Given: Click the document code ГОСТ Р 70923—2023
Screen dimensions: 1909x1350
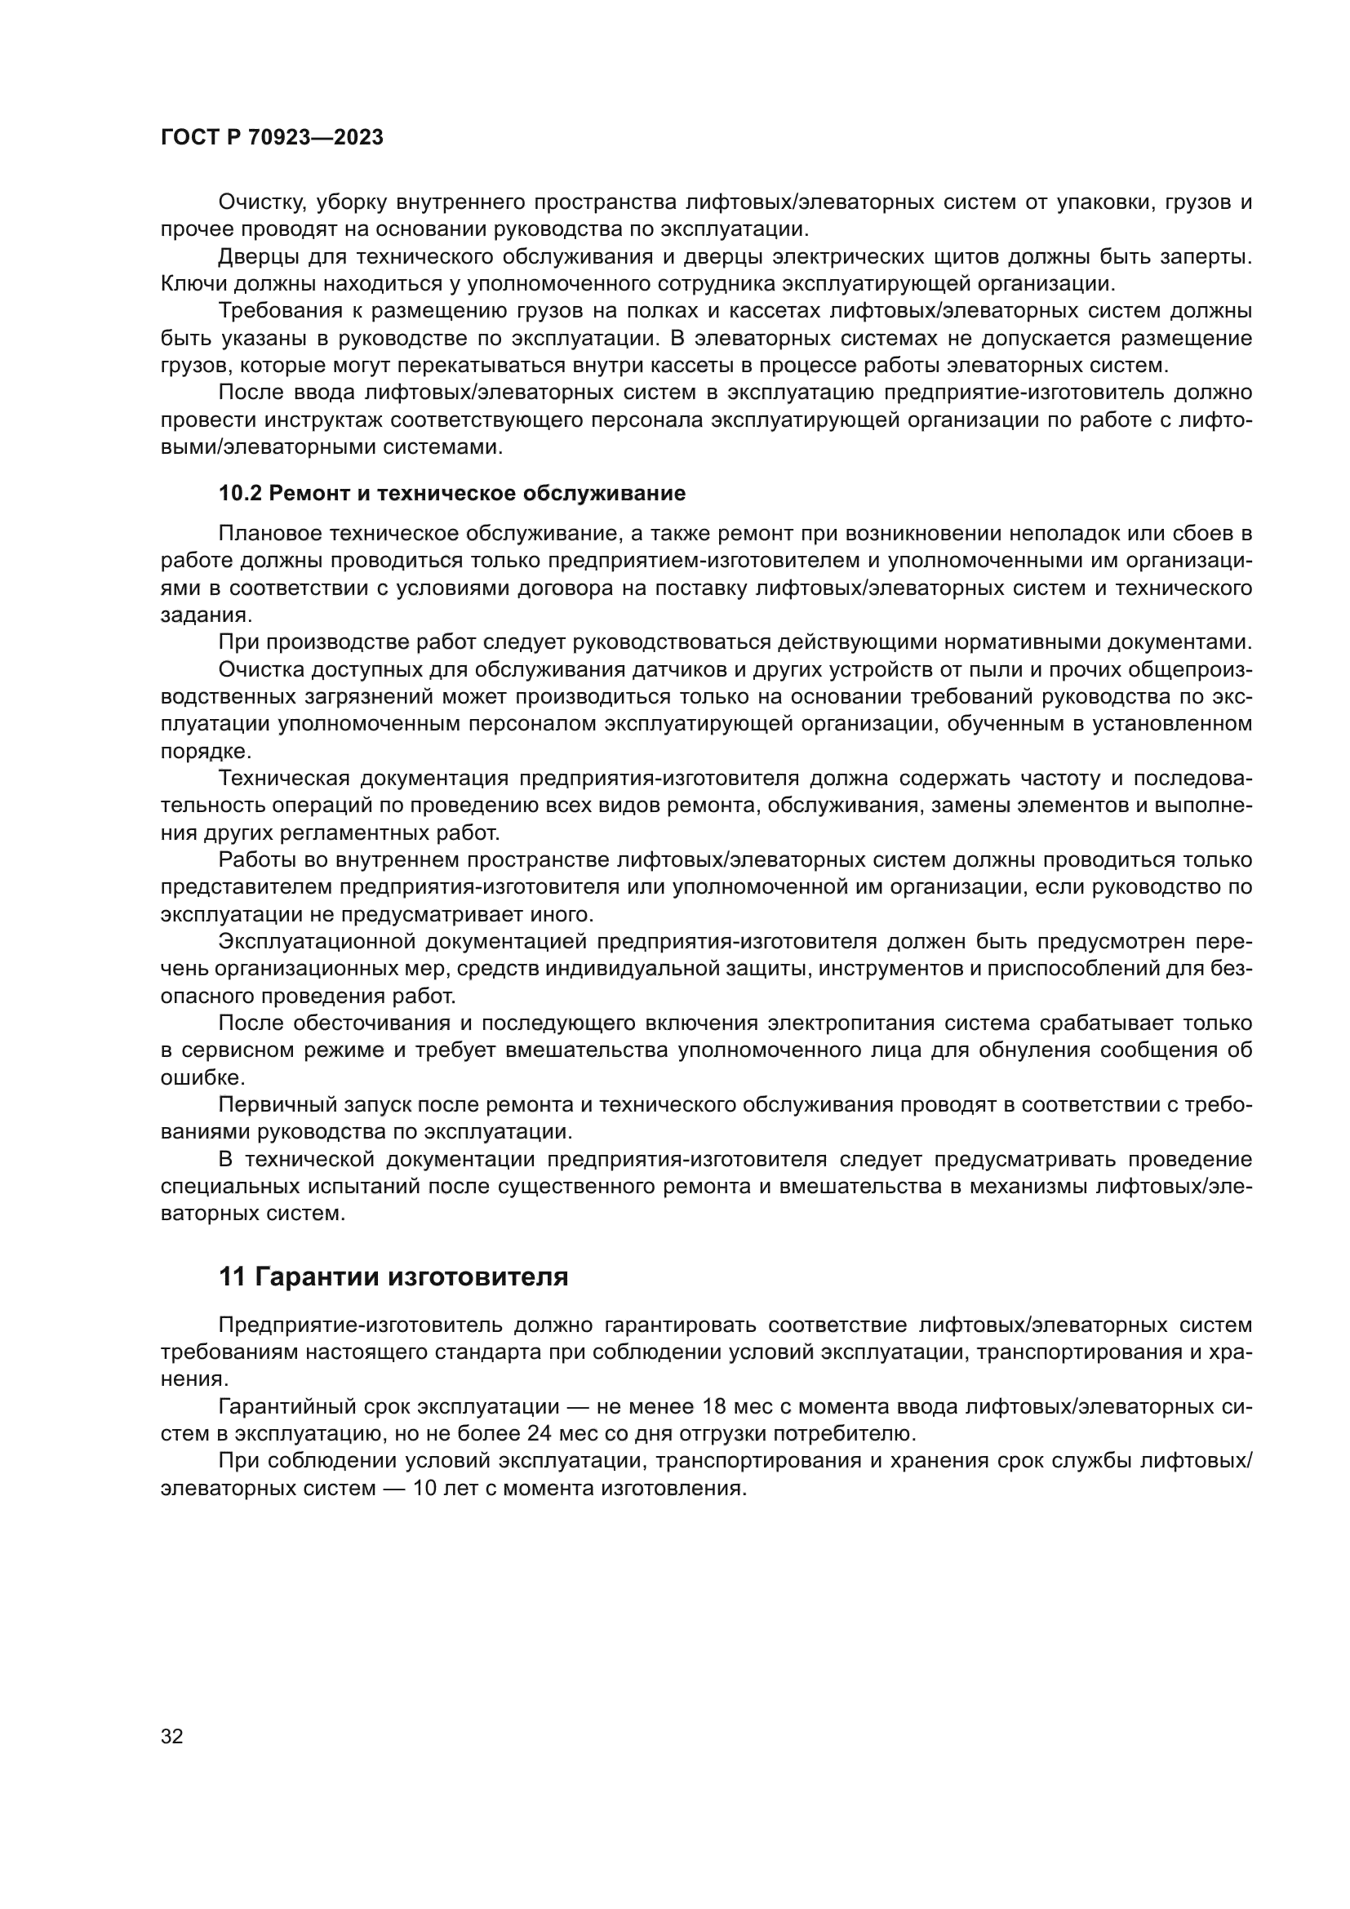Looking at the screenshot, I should [272, 138].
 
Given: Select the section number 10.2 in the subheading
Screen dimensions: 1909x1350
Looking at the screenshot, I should [240, 494].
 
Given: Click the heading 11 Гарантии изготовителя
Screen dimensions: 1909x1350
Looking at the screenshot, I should [393, 1276].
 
